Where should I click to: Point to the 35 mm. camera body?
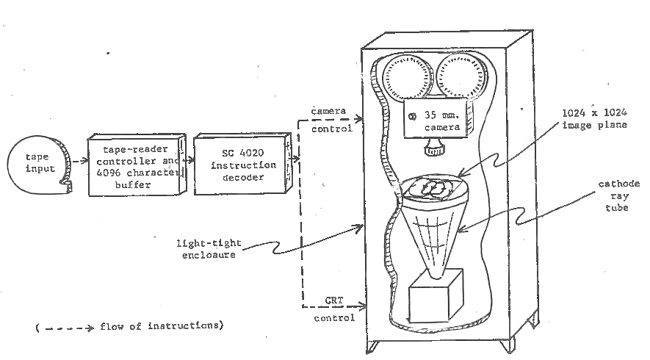pyautogui.click(x=438, y=120)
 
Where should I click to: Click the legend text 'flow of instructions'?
pyautogui.click(x=159, y=325)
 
